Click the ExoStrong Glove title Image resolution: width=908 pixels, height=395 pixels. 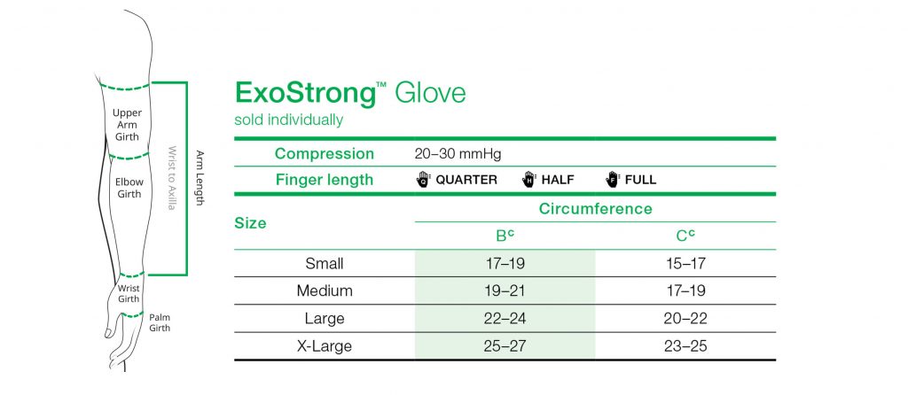click(x=349, y=93)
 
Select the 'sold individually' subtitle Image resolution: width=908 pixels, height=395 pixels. click(x=288, y=120)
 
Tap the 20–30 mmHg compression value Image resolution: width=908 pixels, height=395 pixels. click(x=458, y=154)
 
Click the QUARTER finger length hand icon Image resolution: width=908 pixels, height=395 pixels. click(x=423, y=180)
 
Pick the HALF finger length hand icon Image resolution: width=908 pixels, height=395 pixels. click(x=529, y=180)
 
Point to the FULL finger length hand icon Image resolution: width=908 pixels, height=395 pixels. click(x=614, y=180)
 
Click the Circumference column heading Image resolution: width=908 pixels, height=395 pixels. click(x=595, y=209)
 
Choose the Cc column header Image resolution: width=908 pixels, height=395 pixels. click(x=685, y=236)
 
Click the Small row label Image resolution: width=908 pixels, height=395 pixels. click(x=324, y=263)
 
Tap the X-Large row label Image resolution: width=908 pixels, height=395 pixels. click(x=324, y=345)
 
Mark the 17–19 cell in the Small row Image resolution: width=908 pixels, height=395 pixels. click(x=505, y=263)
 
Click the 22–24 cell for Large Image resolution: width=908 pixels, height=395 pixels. click(x=505, y=318)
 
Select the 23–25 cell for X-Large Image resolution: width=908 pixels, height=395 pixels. click(x=685, y=345)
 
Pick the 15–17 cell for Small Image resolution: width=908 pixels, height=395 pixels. click(x=685, y=263)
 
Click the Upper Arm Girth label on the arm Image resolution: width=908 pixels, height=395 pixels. click(x=127, y=125)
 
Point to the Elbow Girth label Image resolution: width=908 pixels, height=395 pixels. click(x=129, y=188)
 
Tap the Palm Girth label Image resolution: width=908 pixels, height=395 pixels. click(x=160, y=322)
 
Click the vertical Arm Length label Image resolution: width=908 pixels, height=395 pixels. click(x=200, y=178)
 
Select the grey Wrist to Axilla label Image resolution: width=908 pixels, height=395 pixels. click(x=172, y=178)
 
